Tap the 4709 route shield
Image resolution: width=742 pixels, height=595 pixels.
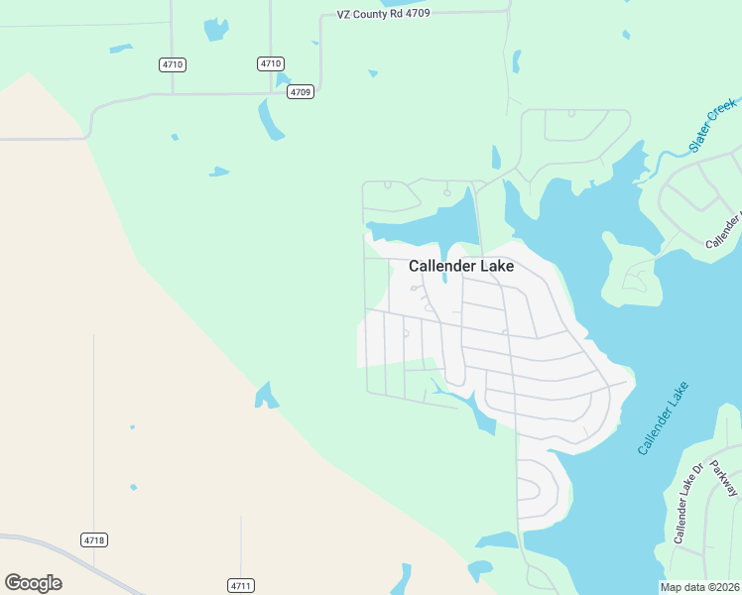[301, 92]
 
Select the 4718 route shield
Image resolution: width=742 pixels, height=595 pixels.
[93, 539]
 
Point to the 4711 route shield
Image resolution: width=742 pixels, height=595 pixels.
[240, 585]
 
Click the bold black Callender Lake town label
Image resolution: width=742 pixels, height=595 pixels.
[461, 266]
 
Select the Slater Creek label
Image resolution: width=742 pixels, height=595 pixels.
[712, 125]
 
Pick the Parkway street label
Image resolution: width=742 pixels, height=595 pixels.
[724, 470]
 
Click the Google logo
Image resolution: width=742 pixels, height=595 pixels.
[33, 583]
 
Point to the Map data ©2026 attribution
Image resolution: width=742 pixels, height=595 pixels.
[700, 587]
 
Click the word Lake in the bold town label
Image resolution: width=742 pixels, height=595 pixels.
[497, 266]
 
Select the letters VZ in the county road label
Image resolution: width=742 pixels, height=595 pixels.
[344, 16]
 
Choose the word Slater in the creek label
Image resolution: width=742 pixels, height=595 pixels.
[700, 138]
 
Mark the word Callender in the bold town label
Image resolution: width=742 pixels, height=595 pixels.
[442, 266]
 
